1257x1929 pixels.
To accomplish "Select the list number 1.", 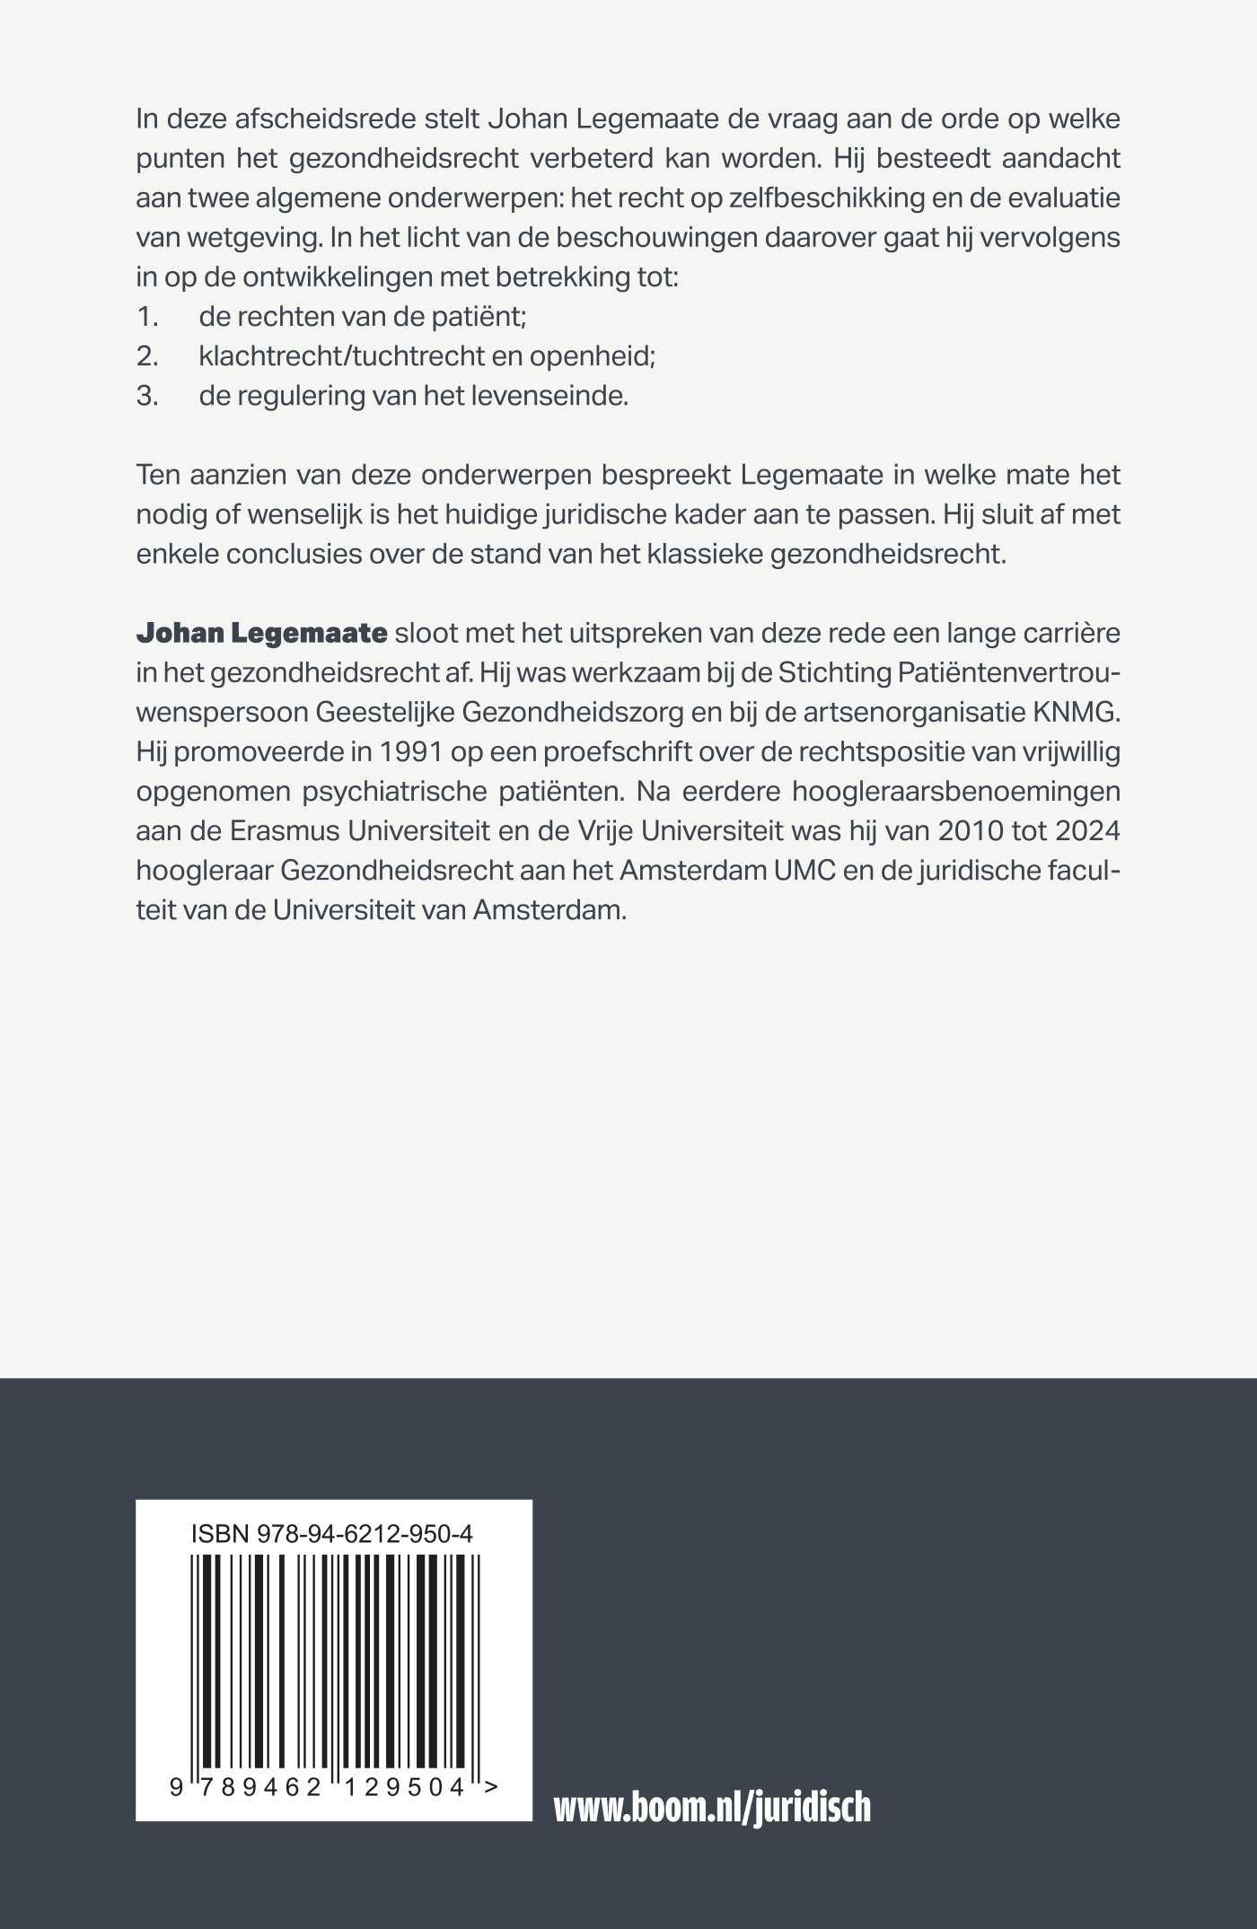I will (x=147, y=316).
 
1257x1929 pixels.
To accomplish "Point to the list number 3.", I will (x=147, y=395).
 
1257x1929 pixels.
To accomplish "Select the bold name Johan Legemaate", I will (x=261, y=633).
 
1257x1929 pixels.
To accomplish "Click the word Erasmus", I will (x=285, y=830).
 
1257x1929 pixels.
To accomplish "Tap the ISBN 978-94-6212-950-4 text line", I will (x=332, y=1534).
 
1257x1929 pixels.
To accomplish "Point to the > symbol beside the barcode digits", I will (x=490, y=1785).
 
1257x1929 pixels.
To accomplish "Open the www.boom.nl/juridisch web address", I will (x=712, y=1806).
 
